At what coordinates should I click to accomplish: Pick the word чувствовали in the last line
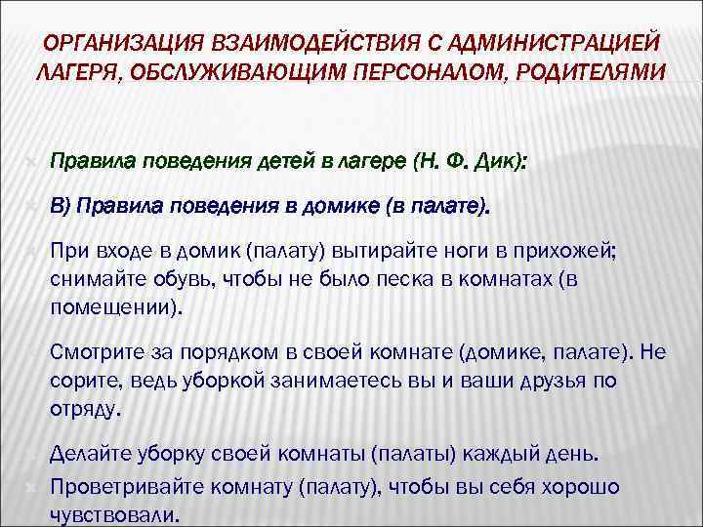click(111, 514)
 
